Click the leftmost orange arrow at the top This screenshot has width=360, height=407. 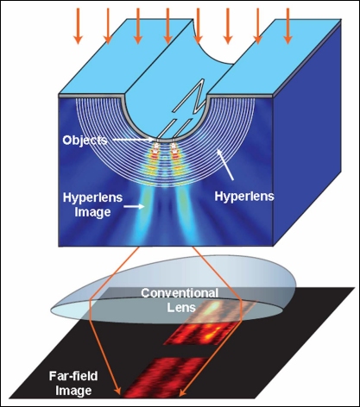click(x=77, y=24)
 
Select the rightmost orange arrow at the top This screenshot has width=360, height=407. click(x=288, y=23)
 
